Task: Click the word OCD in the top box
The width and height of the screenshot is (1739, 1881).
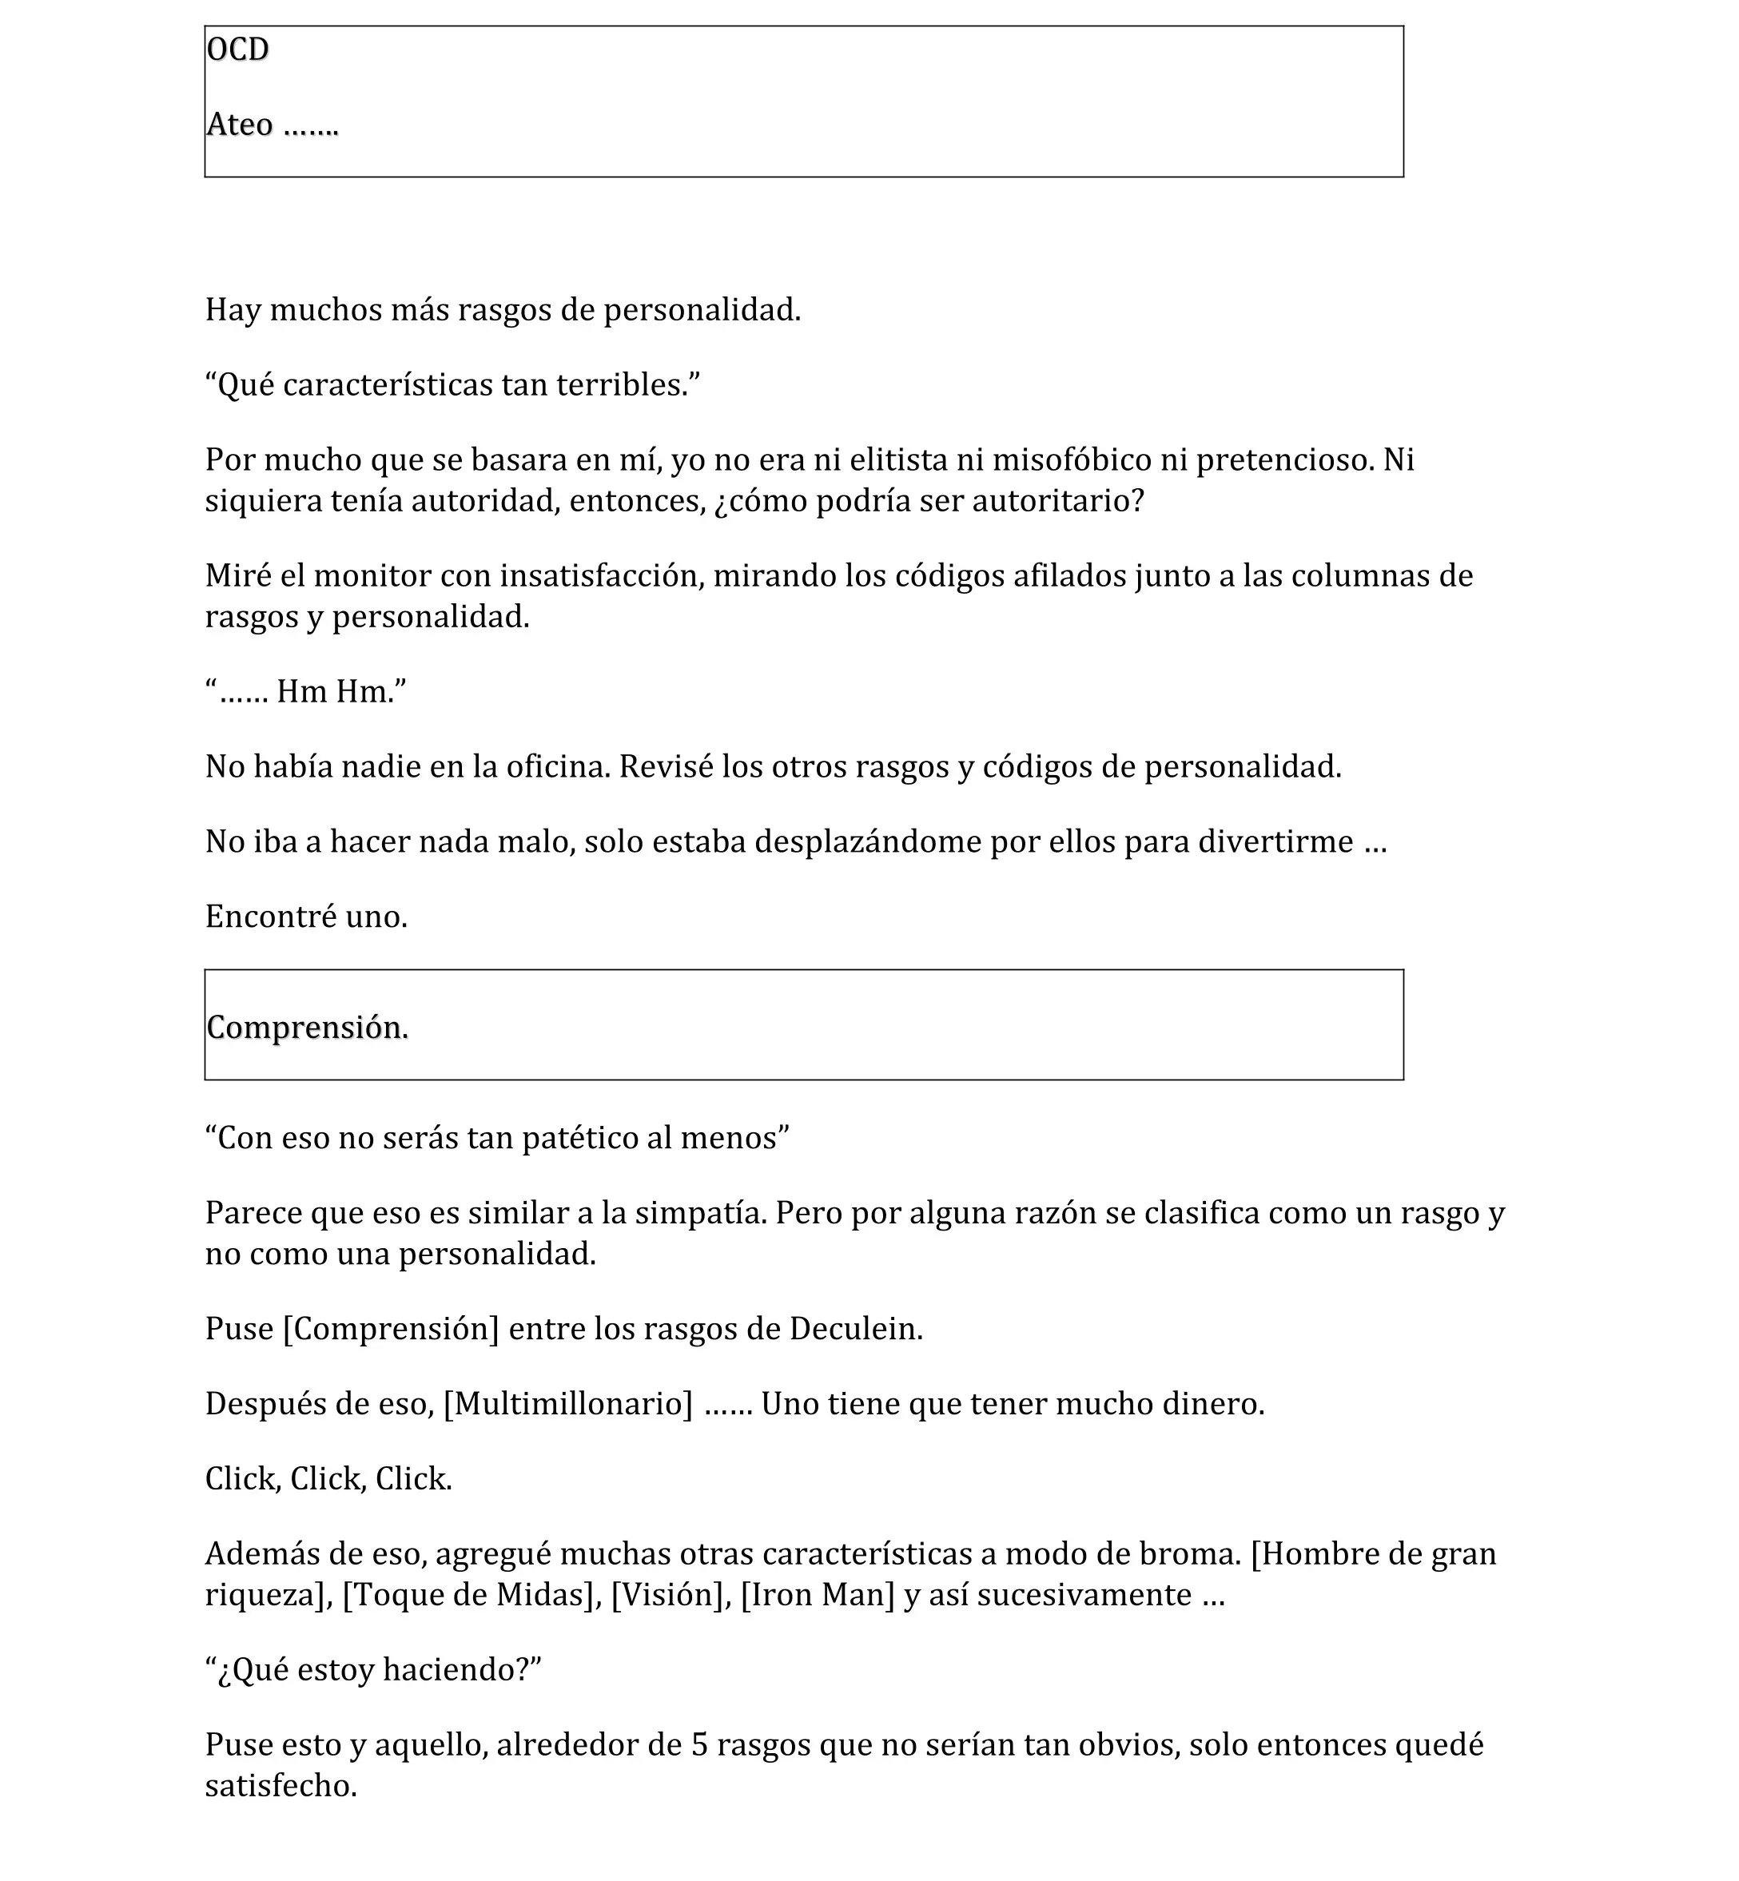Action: click(237, 49)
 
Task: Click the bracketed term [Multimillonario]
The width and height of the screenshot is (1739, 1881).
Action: click(567, 1403)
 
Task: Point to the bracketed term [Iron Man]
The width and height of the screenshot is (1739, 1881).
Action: click(817, 1594)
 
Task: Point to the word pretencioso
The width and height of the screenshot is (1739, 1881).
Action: click(1284, 459)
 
